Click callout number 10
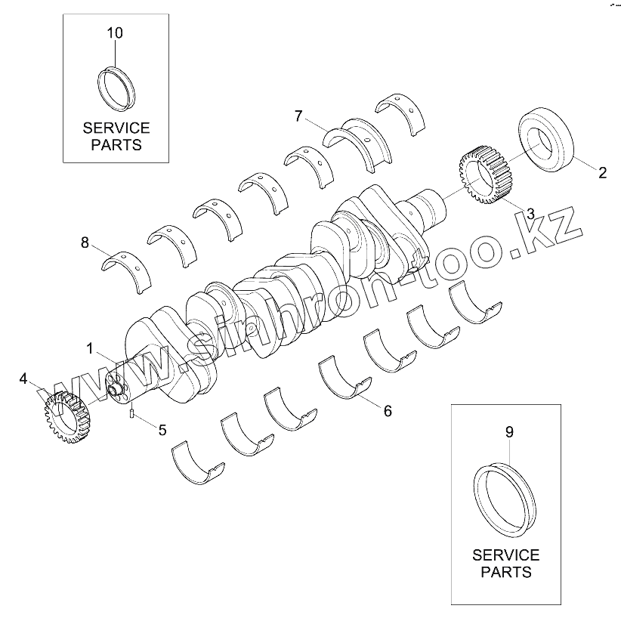point(115,33)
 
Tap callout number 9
point(508,432)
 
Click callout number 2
point(602,172)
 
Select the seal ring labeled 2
point(550,141)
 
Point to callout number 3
point(531,214)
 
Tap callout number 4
point(24,378)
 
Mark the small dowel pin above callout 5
point(133,412)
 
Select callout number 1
point(90,349)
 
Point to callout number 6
point(387,411)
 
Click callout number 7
point(299,116)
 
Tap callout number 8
point(85,243)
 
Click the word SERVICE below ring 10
point(116,128)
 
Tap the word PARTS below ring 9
point(505,572)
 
